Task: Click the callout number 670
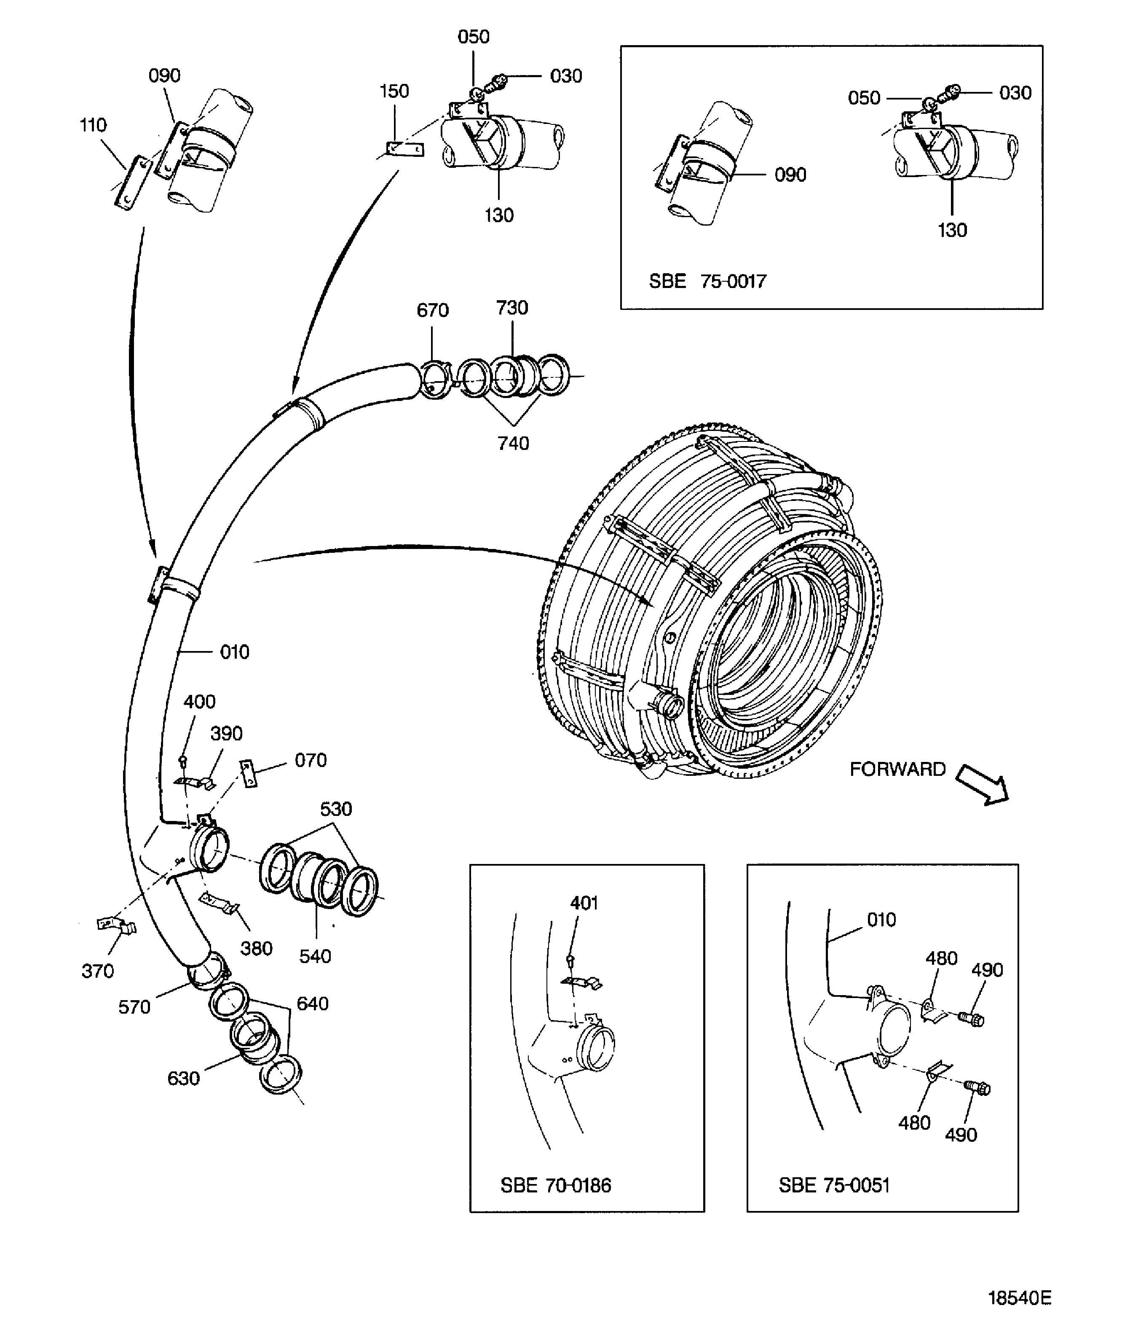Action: click(433, 311)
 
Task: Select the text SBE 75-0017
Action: click(707, 281)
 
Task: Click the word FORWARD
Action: click(897, 770)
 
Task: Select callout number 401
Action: click(584, 903)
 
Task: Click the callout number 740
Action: click(513, 444)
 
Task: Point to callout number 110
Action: click(93, 125)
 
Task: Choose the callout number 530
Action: click(335, 810)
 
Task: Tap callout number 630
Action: click(183, 1079)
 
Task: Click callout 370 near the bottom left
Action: click(97, 971)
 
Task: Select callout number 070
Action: click(311, 761)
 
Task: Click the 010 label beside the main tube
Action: click(234, 652)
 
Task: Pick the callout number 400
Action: click(199, 702)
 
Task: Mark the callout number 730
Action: click(511, 308)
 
